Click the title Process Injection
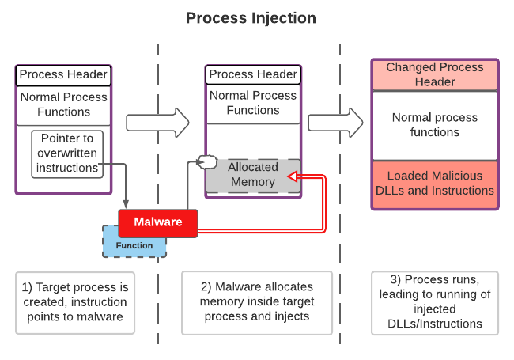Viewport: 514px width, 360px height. point(251,17)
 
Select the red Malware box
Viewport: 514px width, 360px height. point(157,222)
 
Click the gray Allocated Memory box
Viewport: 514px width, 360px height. point(253,175)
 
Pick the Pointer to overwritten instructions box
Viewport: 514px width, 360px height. point(66,153)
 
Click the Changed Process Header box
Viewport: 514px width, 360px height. point(434,74)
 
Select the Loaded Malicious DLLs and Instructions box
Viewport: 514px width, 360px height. point(434,183)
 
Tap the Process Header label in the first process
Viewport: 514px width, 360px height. point(63,74)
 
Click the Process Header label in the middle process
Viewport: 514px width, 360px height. point(253,74)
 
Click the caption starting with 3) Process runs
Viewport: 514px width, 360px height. point(434,301)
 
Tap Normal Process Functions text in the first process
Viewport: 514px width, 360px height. point(63,104)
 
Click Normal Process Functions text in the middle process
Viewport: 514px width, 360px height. point(253,103)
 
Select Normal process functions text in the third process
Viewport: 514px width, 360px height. point(434,124)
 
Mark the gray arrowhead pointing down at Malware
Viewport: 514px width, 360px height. point(127,205)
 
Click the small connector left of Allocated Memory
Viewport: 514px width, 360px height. point(206,162)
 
